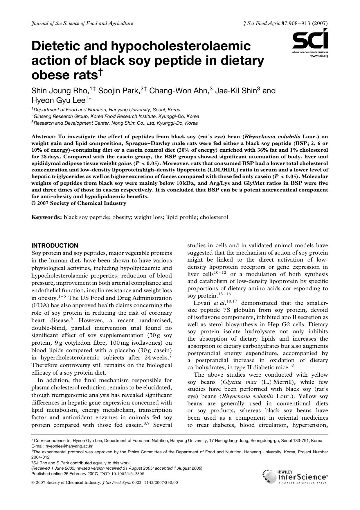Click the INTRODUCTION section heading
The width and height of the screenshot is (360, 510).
pyautogui.click(x=55, y=246)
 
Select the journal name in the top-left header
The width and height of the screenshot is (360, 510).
pyautogui.click(x=82, y=23)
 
